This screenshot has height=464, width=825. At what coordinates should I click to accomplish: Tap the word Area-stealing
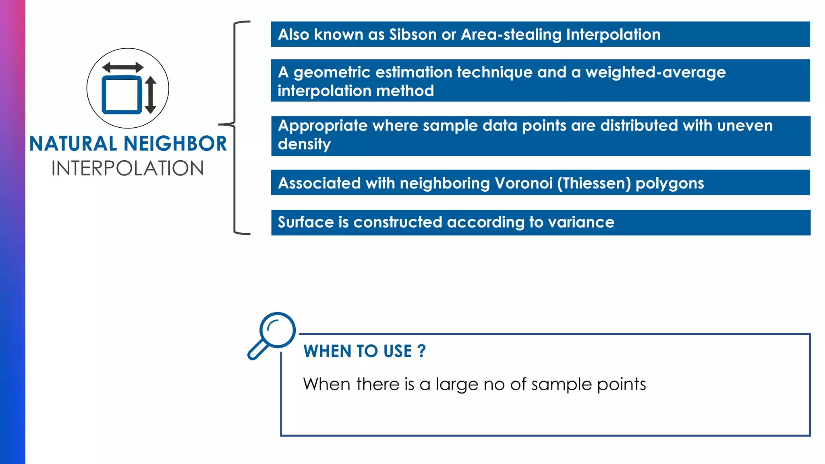[x=511, y=35]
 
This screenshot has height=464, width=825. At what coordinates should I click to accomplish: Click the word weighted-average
[x=655, y=72]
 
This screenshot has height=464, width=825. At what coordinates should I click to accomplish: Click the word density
[x=304, y=144]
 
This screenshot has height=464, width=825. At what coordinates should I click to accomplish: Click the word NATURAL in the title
[x=73, y=144]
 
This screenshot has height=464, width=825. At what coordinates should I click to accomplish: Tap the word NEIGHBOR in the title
[x=175, y=144]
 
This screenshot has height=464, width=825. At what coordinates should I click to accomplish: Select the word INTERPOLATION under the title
[x=128, y=168]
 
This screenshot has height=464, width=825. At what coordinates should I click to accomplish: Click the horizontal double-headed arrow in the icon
[x=123, y=67]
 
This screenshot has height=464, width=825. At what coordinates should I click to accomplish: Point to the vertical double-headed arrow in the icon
[x=151, y=95]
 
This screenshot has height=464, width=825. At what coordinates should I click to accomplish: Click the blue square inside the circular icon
[x=122, y=95]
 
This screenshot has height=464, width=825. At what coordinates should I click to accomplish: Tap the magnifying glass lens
[x=278, y=330]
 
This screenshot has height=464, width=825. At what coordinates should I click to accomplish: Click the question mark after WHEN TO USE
[x=421, y=351]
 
